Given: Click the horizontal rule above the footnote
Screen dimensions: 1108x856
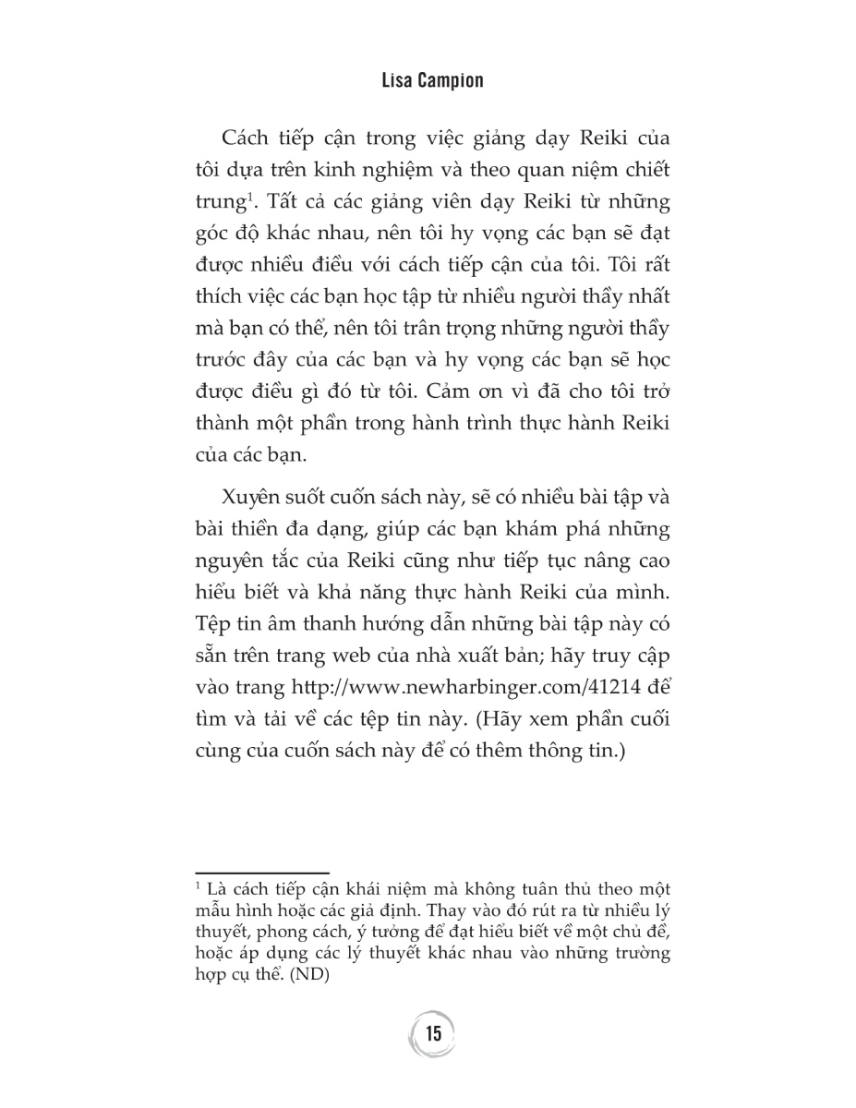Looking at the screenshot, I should (x=262, y=872).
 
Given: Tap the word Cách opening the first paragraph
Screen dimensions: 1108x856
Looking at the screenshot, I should (x=249, y=139).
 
